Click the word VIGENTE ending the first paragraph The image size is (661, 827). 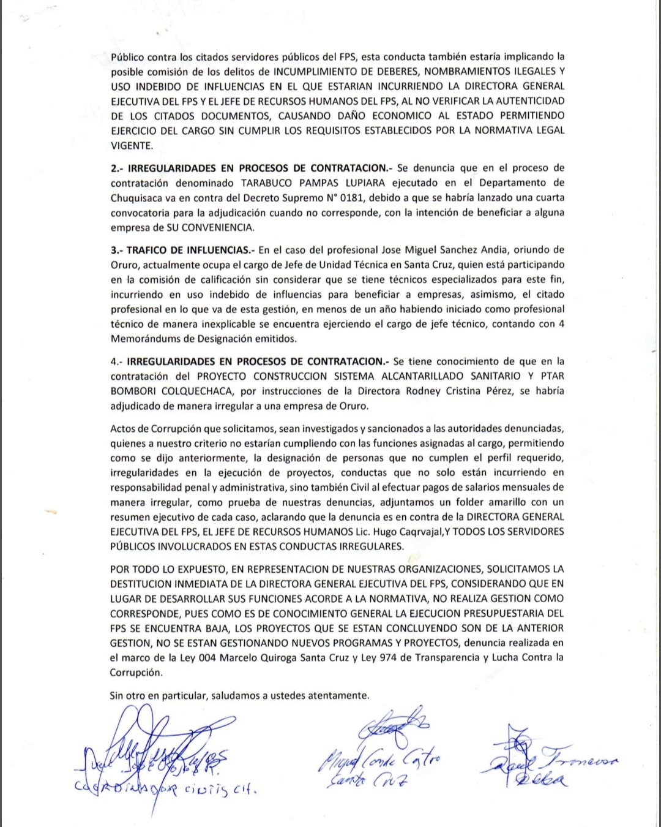[x=130, y=145]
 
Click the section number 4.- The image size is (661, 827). [x=117, y=361]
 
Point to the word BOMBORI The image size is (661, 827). [x=136, y=391]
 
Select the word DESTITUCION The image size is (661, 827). [x=142, y=584]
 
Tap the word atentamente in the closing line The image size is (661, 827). [x=338, y=695]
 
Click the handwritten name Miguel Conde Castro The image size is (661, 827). [x=379, y=762]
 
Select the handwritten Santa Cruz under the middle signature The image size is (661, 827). [x=365, y=780]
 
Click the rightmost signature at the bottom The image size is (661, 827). [x=548, y=760]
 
